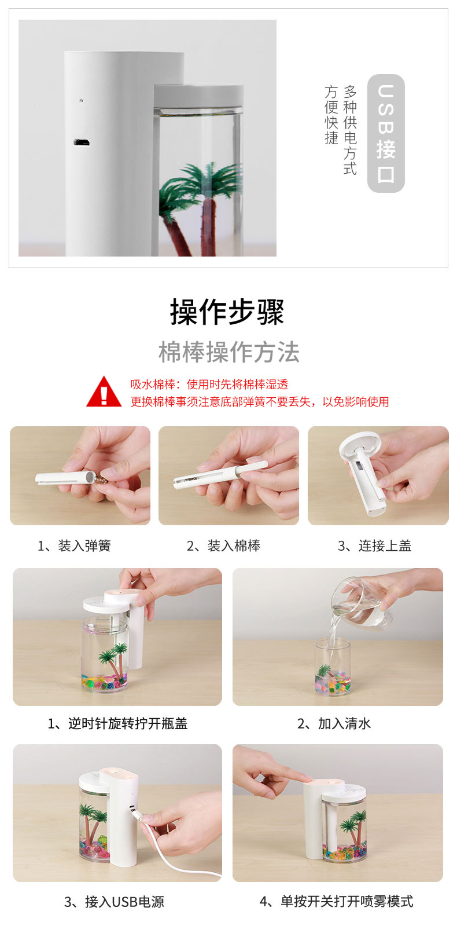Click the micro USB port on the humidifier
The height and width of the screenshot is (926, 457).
point(80,142)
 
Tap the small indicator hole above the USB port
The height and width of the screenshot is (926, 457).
point(81,100)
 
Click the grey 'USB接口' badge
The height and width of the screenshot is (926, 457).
point(386,133)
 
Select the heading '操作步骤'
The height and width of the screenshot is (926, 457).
point(227,312)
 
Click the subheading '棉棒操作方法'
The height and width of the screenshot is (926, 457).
point(229,352)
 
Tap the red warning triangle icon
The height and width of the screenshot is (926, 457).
point(104,393)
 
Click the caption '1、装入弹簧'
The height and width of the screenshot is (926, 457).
point(74,546)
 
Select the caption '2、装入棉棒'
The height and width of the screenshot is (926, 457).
point(223,546)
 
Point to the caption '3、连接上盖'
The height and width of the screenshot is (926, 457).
point(374,546)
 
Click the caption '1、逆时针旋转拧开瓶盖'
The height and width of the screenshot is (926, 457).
point(117,724)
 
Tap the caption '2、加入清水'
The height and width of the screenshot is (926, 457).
point(334,724)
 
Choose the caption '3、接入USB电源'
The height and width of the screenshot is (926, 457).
point(114,902)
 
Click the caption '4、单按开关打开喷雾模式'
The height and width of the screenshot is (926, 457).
point(336,902)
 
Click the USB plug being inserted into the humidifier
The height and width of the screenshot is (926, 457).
point(136,814)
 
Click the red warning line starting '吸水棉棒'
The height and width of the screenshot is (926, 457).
point(209,385)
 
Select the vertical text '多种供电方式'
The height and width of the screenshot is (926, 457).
point(350,130)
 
